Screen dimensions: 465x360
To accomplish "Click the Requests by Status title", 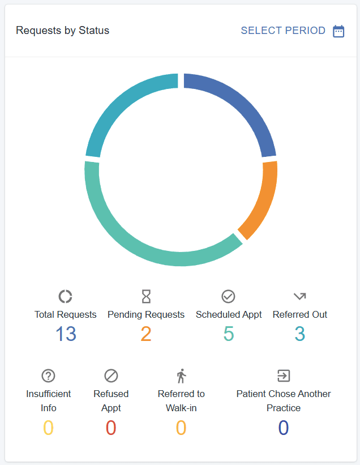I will click(62, 31).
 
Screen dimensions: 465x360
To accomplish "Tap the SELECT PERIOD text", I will click(283, 31).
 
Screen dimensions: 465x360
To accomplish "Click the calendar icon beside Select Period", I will click(338, 31).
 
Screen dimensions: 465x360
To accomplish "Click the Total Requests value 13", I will click(66, 334).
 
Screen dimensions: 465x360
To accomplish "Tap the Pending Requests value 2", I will click(146, 334).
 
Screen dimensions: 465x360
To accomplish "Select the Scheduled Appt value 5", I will click(229, 334).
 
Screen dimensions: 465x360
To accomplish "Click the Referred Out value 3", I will click(300, 334).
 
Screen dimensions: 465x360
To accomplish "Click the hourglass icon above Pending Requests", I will click(146, 296).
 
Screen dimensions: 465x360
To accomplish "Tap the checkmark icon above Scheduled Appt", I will click(228, 296).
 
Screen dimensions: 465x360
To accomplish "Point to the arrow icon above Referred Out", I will click(299, 296).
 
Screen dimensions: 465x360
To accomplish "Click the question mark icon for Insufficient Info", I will click(48, 376).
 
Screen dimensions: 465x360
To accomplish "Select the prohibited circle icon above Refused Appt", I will click(111, 376).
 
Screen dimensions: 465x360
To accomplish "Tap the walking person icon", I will click(181, 376).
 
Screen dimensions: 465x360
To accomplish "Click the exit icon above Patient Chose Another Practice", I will click(284, 376).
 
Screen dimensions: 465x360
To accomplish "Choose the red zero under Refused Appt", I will click(111, 427).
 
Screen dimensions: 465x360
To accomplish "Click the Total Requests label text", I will click(66, 314).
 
